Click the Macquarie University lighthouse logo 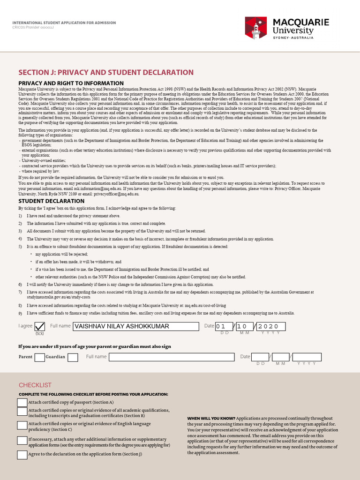coord(256,28)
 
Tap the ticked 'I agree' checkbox coord(40,326)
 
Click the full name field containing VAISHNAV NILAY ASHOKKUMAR coord(135,326)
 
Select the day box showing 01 coord(224,326)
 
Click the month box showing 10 coord(244,326)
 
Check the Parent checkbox coord(40,358)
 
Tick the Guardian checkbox coord(73,358)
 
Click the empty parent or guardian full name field coord(172,357)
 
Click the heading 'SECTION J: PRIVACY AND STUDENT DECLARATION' coord(105,72)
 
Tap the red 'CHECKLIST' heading coord(35,385)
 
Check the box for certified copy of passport coord(22,403)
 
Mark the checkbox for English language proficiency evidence coord(22,426)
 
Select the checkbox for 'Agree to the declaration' coord(22,455)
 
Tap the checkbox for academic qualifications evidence coord(22,412)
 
